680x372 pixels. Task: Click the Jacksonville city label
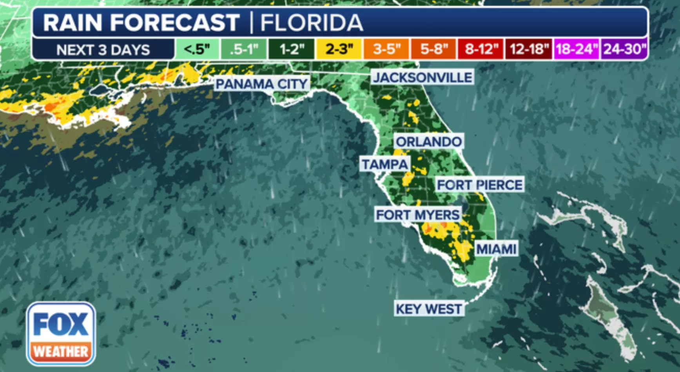coord(423,77)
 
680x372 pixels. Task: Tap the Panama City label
coord(261,84)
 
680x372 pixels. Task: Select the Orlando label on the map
coord(428,141)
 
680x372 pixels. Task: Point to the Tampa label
coord(385,164)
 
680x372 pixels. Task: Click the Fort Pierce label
coord(480,184)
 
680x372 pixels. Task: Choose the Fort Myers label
coord(417,215)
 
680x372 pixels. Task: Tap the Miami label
coord(496,249)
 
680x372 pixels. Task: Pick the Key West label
coord(429,309)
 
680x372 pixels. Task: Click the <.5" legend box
coord(197,49)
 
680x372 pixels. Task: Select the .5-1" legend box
coord(244,49)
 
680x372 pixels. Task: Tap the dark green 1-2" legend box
coord(291,49)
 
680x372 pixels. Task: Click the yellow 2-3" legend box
coord(339,49)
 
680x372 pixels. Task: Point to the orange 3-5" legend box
coord(386,49)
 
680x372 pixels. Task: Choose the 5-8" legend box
coord(434,49)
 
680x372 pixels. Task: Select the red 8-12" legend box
coord(481,49)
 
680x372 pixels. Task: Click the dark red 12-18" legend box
coord(529,49)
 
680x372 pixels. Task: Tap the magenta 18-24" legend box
coord(576,49)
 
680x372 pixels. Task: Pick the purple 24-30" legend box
coord(624,49)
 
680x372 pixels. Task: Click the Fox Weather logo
coord(61,334)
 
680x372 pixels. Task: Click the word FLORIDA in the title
coord(312,23)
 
